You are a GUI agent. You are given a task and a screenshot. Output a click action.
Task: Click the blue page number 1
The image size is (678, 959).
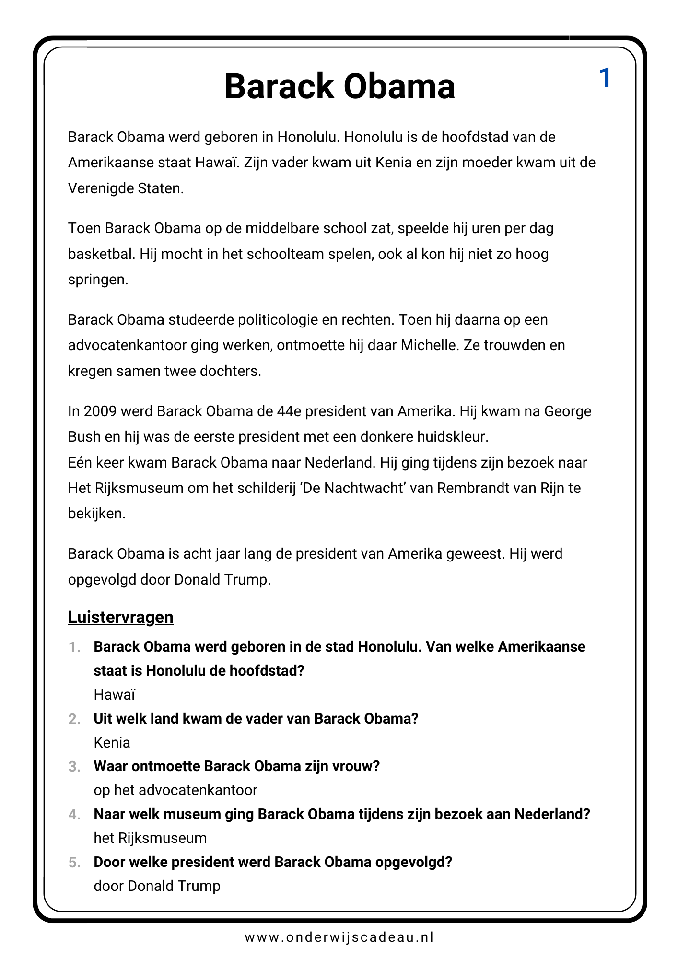[605, 78]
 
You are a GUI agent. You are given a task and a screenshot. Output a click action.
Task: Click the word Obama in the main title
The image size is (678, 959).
[399, 87]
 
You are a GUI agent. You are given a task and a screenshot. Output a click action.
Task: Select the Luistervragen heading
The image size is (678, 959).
[120, 617]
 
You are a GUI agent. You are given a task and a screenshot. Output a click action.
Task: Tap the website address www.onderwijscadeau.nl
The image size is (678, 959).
[339, 937]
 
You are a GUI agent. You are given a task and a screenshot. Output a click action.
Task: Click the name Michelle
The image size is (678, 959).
[430, 345]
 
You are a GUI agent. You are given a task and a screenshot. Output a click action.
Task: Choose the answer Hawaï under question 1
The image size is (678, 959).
[115, 694]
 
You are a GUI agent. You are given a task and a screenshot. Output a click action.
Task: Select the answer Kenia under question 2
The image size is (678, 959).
[112, 742]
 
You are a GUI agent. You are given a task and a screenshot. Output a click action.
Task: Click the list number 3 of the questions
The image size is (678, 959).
[74, 767]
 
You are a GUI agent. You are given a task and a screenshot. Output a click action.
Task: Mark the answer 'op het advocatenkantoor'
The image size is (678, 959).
[175, 790]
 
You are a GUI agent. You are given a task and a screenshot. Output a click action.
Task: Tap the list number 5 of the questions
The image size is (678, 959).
[74, 863]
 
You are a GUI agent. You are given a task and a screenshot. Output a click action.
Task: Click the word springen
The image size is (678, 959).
[98, 280]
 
